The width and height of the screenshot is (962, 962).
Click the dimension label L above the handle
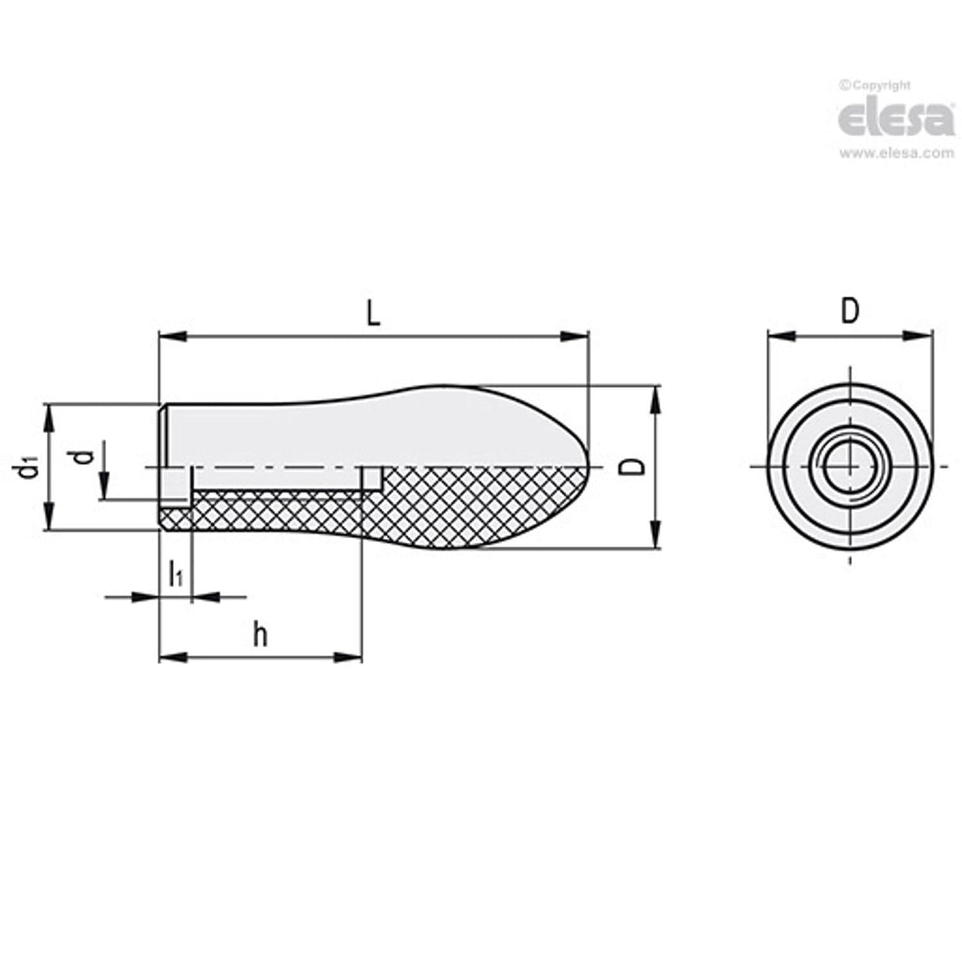click(x=373, y=315)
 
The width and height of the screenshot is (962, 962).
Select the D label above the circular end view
click(x=849, y=311)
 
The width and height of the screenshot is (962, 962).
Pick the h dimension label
click(x=260, y=634)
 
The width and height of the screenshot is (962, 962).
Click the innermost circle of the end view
click(x=849, y=467)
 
